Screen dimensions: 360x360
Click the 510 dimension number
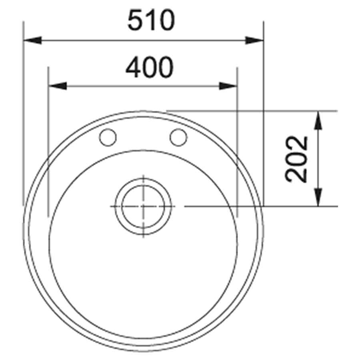(x=151, y=20)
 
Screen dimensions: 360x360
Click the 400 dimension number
(x=150, y=68)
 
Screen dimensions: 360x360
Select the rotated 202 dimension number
(x=296, y=159)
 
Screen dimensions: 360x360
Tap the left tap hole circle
(x=108, y=137)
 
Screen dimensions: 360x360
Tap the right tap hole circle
(x=178, y=137)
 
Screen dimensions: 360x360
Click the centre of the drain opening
(x=143, y=206)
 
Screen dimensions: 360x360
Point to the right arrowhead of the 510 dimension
(x=254, y=40)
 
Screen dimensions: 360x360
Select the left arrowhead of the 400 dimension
(x=58, y=86)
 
